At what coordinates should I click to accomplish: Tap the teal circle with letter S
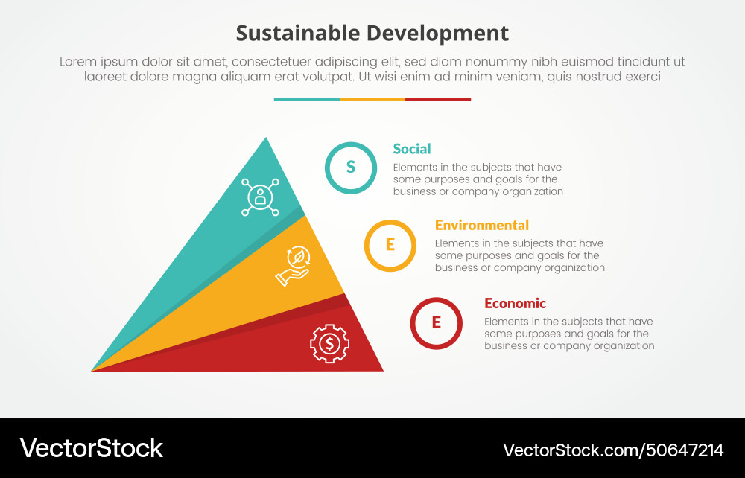pyautogui.click(x=351, y=168)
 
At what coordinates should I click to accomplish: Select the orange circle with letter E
pyautogui.click(x=390, y=245)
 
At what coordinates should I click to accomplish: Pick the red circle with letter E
pyautogui.click(x=437, y=322)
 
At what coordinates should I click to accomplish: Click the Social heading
pyautogui.click(x=412, y=149)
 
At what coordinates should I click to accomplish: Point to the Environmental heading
pyautogui.click(x=481, y=225)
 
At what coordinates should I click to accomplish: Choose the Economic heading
pyautogui.click(x=515, y=303)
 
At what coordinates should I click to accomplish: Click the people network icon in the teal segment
pyautogui.click(x=260, y=197)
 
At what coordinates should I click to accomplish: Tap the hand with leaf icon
pyautogui.click(x=297, y=266)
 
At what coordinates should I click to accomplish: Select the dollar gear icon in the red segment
pyautogui.click(x=330, y=343)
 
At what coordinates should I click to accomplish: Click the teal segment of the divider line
pyautogui.click(x=306, y=99)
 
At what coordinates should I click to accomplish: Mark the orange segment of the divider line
pyautogui.click(x=372, y=99)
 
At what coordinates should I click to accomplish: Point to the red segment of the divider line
pyautogui.click(x=438, y=99)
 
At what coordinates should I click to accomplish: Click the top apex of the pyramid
pyautogui.click(x=265, y=138)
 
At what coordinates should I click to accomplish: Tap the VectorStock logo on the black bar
pyautogui.click(x=91, y=448)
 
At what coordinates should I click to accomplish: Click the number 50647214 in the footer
pyautogui.click(x=686, y=450)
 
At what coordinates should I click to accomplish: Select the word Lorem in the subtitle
pyautogui.click(x=77, y=63)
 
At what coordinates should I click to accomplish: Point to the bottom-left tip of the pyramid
pyautogui.click(x=92, y=370)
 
